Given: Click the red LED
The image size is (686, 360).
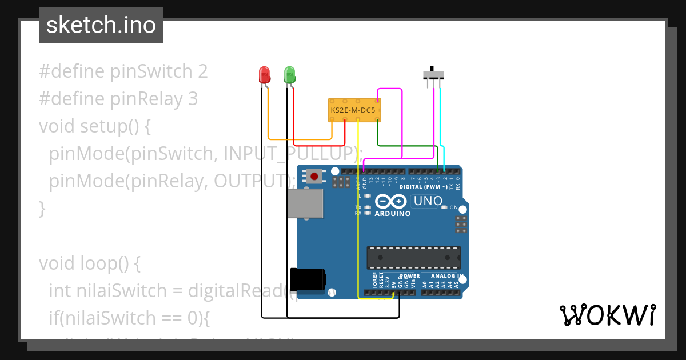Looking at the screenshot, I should (264, 74).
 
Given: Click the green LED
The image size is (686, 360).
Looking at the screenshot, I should (290, 74).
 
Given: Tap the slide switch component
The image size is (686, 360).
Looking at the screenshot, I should (434, 74).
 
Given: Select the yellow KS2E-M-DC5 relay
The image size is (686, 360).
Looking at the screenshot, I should (354, 110).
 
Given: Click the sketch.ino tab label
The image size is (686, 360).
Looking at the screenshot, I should (101, 25).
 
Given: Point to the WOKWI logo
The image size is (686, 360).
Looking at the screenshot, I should (607, 315).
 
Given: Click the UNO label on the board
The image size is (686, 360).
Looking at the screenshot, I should (428, 201).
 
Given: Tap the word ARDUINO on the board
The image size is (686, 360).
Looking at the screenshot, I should (392, 214).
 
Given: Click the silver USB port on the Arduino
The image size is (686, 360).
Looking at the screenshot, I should (305, 204).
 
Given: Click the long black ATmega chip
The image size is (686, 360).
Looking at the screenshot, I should (413, 258).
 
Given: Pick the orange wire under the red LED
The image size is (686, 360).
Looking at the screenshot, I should (297, 139).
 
